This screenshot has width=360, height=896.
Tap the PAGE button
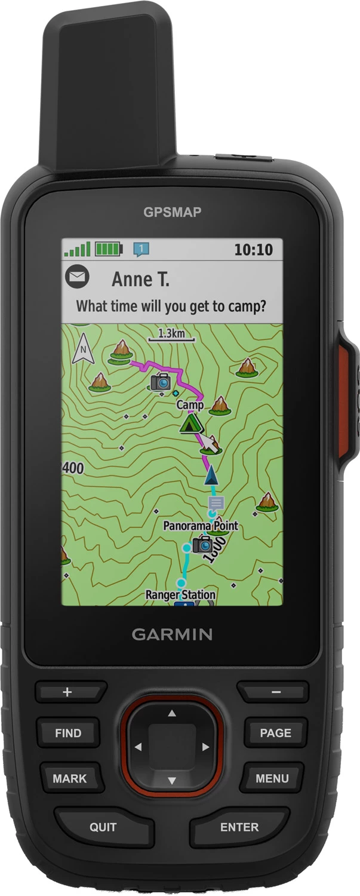275,733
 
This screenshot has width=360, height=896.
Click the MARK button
70,778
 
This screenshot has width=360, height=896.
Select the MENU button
272,778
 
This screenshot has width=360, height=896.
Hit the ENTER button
239,827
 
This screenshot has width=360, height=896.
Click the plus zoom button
67,692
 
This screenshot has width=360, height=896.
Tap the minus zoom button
276,692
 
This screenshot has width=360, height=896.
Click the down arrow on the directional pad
172,780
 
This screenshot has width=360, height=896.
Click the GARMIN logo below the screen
172,634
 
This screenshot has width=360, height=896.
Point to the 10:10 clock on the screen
253,249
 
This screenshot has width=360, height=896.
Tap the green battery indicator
108,248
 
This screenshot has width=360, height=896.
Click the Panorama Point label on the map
201,526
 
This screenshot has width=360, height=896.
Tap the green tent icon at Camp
190,424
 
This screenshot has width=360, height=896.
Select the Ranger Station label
180,594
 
